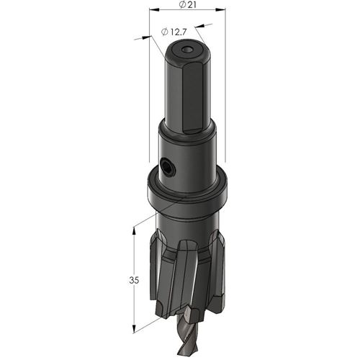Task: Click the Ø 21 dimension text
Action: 188,4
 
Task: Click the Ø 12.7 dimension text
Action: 174,32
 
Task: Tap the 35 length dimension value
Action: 134,280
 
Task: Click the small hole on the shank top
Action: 187,50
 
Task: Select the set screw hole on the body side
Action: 168,166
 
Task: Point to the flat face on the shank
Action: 194,97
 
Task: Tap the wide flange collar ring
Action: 187,189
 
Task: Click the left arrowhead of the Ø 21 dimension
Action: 155,10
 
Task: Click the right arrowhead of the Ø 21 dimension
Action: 220,10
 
